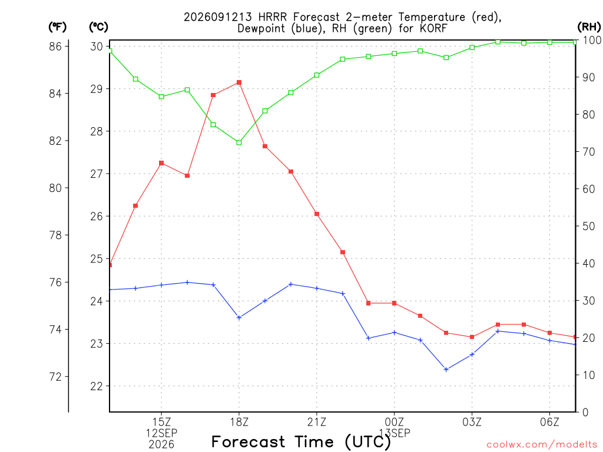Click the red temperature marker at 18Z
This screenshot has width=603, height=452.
tap(239, 82)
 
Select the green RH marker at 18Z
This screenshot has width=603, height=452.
tap(239, 142)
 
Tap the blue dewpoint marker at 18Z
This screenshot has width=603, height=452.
tap(239, 317)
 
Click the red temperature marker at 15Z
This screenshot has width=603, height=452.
tap(161, 163)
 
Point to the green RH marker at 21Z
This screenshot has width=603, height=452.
tap(317, 75)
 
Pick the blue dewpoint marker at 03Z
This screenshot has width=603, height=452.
tap(472, 354)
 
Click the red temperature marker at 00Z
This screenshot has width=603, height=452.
tap(395, 303)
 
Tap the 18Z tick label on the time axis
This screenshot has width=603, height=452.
tap(239, 423)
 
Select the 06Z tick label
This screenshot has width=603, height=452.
tap(549, 423)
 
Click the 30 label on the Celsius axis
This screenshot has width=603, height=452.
tap(97, 46)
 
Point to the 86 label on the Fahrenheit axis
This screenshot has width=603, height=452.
tap(55, 46)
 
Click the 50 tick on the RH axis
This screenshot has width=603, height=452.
tap(588, 226)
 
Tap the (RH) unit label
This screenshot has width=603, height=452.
tap(589, 27)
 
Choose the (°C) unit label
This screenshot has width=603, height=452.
tap(99, 27)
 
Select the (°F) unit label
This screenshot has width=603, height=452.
tap(58, 27)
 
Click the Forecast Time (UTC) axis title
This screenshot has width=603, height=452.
tap(301, 442)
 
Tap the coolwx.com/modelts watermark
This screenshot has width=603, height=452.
tap(542, 445)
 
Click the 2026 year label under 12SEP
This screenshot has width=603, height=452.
tap(161, 445)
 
